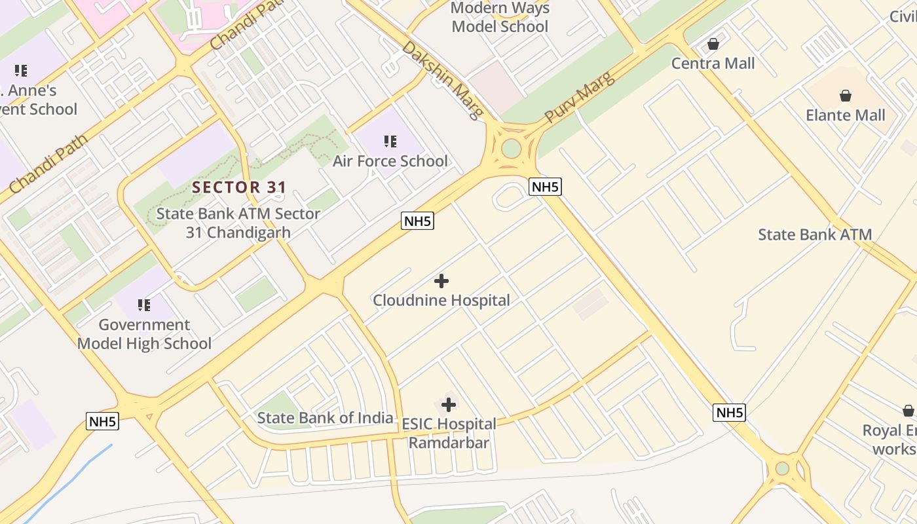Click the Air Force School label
coord(390,161)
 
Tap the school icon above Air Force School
coord(390,141)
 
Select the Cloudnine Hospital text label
coord(441,301)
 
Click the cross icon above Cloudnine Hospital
coord(441,281)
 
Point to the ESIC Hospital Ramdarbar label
coord(449,434)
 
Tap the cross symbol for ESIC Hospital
coord(449,405)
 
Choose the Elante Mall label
coord(845,115)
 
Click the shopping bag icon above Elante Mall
coord(846,96)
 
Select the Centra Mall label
coord(713,64)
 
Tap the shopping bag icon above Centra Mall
coord(713,44)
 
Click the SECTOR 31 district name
coord(239,187)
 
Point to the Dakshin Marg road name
coord(443,80)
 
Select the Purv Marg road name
coord(580,96)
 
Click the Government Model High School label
coord(144,334)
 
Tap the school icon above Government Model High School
coord(144,305)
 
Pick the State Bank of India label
coord(325,418)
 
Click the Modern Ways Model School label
coord(500,18)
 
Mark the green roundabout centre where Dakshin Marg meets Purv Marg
coord(511,148)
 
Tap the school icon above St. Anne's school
coord(21,70)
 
